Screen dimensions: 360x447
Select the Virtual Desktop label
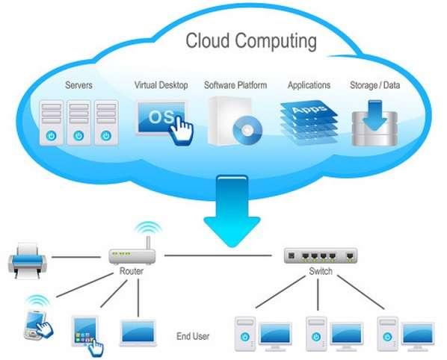click(x=161, y=86)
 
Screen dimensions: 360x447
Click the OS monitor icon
click(x=159, y=118)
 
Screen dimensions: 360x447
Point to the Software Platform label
click(x=235, y=86)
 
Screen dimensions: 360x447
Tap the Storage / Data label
click(x=374, y=86)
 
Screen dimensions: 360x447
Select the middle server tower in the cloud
click(x=78, y=122)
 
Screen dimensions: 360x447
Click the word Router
click(x=132, y=272)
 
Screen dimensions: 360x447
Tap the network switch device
click(x=321, y=255)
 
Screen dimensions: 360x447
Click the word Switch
click(x=321, y=272)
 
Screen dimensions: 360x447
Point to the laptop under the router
click(x=138, y=332)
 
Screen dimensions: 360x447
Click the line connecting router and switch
click(x=217, y=255)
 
